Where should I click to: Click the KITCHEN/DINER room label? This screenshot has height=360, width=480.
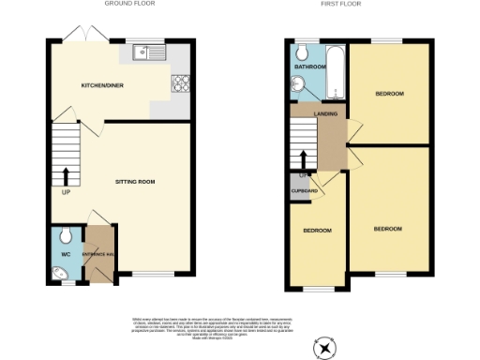pyautogui.click(x=103, y=85)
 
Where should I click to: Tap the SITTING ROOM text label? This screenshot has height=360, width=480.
pyautogui.click(x=135, y=180)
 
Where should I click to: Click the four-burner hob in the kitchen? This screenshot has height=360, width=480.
pyautogui.click(x=179, y=84)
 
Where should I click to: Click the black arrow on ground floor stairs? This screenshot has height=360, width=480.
pyautogui.click(x=66, y=175)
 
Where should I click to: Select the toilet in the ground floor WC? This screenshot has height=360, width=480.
pyautogui.click(x=64, y=235)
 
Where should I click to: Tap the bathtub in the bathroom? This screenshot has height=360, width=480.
pyautogui.click(x=336, y=73)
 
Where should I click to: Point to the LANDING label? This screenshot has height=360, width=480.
pyautogui.click(x=326, y=113)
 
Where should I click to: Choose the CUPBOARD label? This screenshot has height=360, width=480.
pyautogui.click(x=303, y=191)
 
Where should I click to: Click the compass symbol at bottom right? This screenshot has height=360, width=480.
pyautogui.click(x=325, y=348)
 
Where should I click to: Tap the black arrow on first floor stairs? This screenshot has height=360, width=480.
pyautogui.click(x=303, y=160)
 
